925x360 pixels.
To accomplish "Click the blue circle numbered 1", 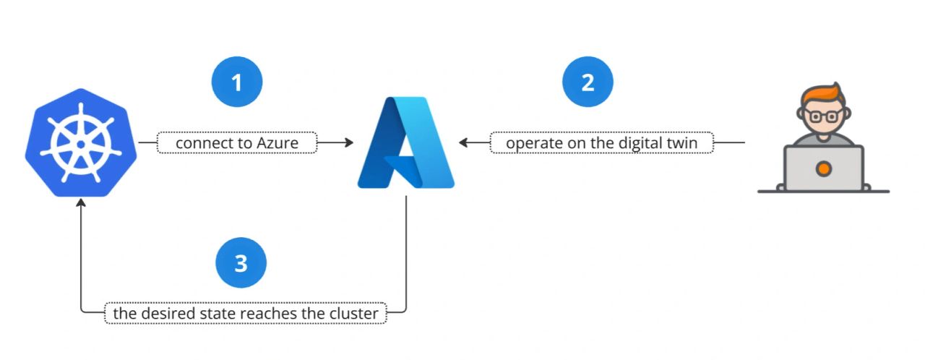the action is [x=237, y=82].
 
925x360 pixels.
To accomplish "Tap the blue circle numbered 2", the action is [x=588, y=82].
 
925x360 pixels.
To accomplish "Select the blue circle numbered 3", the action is [x=241, y=262].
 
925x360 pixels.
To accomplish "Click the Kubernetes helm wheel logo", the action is [x=81, y=142].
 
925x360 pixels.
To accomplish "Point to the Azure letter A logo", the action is [x=406, y=142].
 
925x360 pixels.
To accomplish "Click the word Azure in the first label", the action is [x=277, y=143].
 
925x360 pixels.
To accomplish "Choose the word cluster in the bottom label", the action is [x=354, y=313].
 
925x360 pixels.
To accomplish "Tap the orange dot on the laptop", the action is [x=823, y=169].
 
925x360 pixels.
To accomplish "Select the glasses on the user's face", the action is [x=823, y=116].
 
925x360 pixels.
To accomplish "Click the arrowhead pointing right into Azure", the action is [x=349, y=142].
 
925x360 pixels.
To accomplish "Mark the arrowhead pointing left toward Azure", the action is [x=463, y=142].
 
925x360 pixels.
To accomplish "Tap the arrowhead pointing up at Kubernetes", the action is [x=81, y=202].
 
